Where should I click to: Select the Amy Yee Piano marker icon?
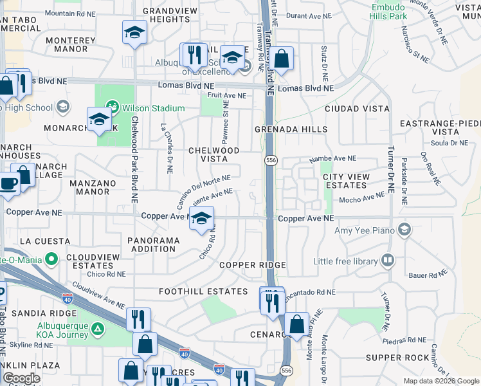click(x=404, y=229)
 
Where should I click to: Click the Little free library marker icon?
click(x=387, y=261)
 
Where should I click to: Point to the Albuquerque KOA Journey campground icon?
click(x=97, y=330)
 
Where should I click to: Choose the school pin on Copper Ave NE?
click(x=201, y=219)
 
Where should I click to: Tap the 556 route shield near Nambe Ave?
click(x=269, y=159)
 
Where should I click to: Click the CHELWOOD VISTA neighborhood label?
click(x=213, y=154)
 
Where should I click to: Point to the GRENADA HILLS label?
click(x=291, y=129)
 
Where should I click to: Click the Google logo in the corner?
click(x=21, y=378)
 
